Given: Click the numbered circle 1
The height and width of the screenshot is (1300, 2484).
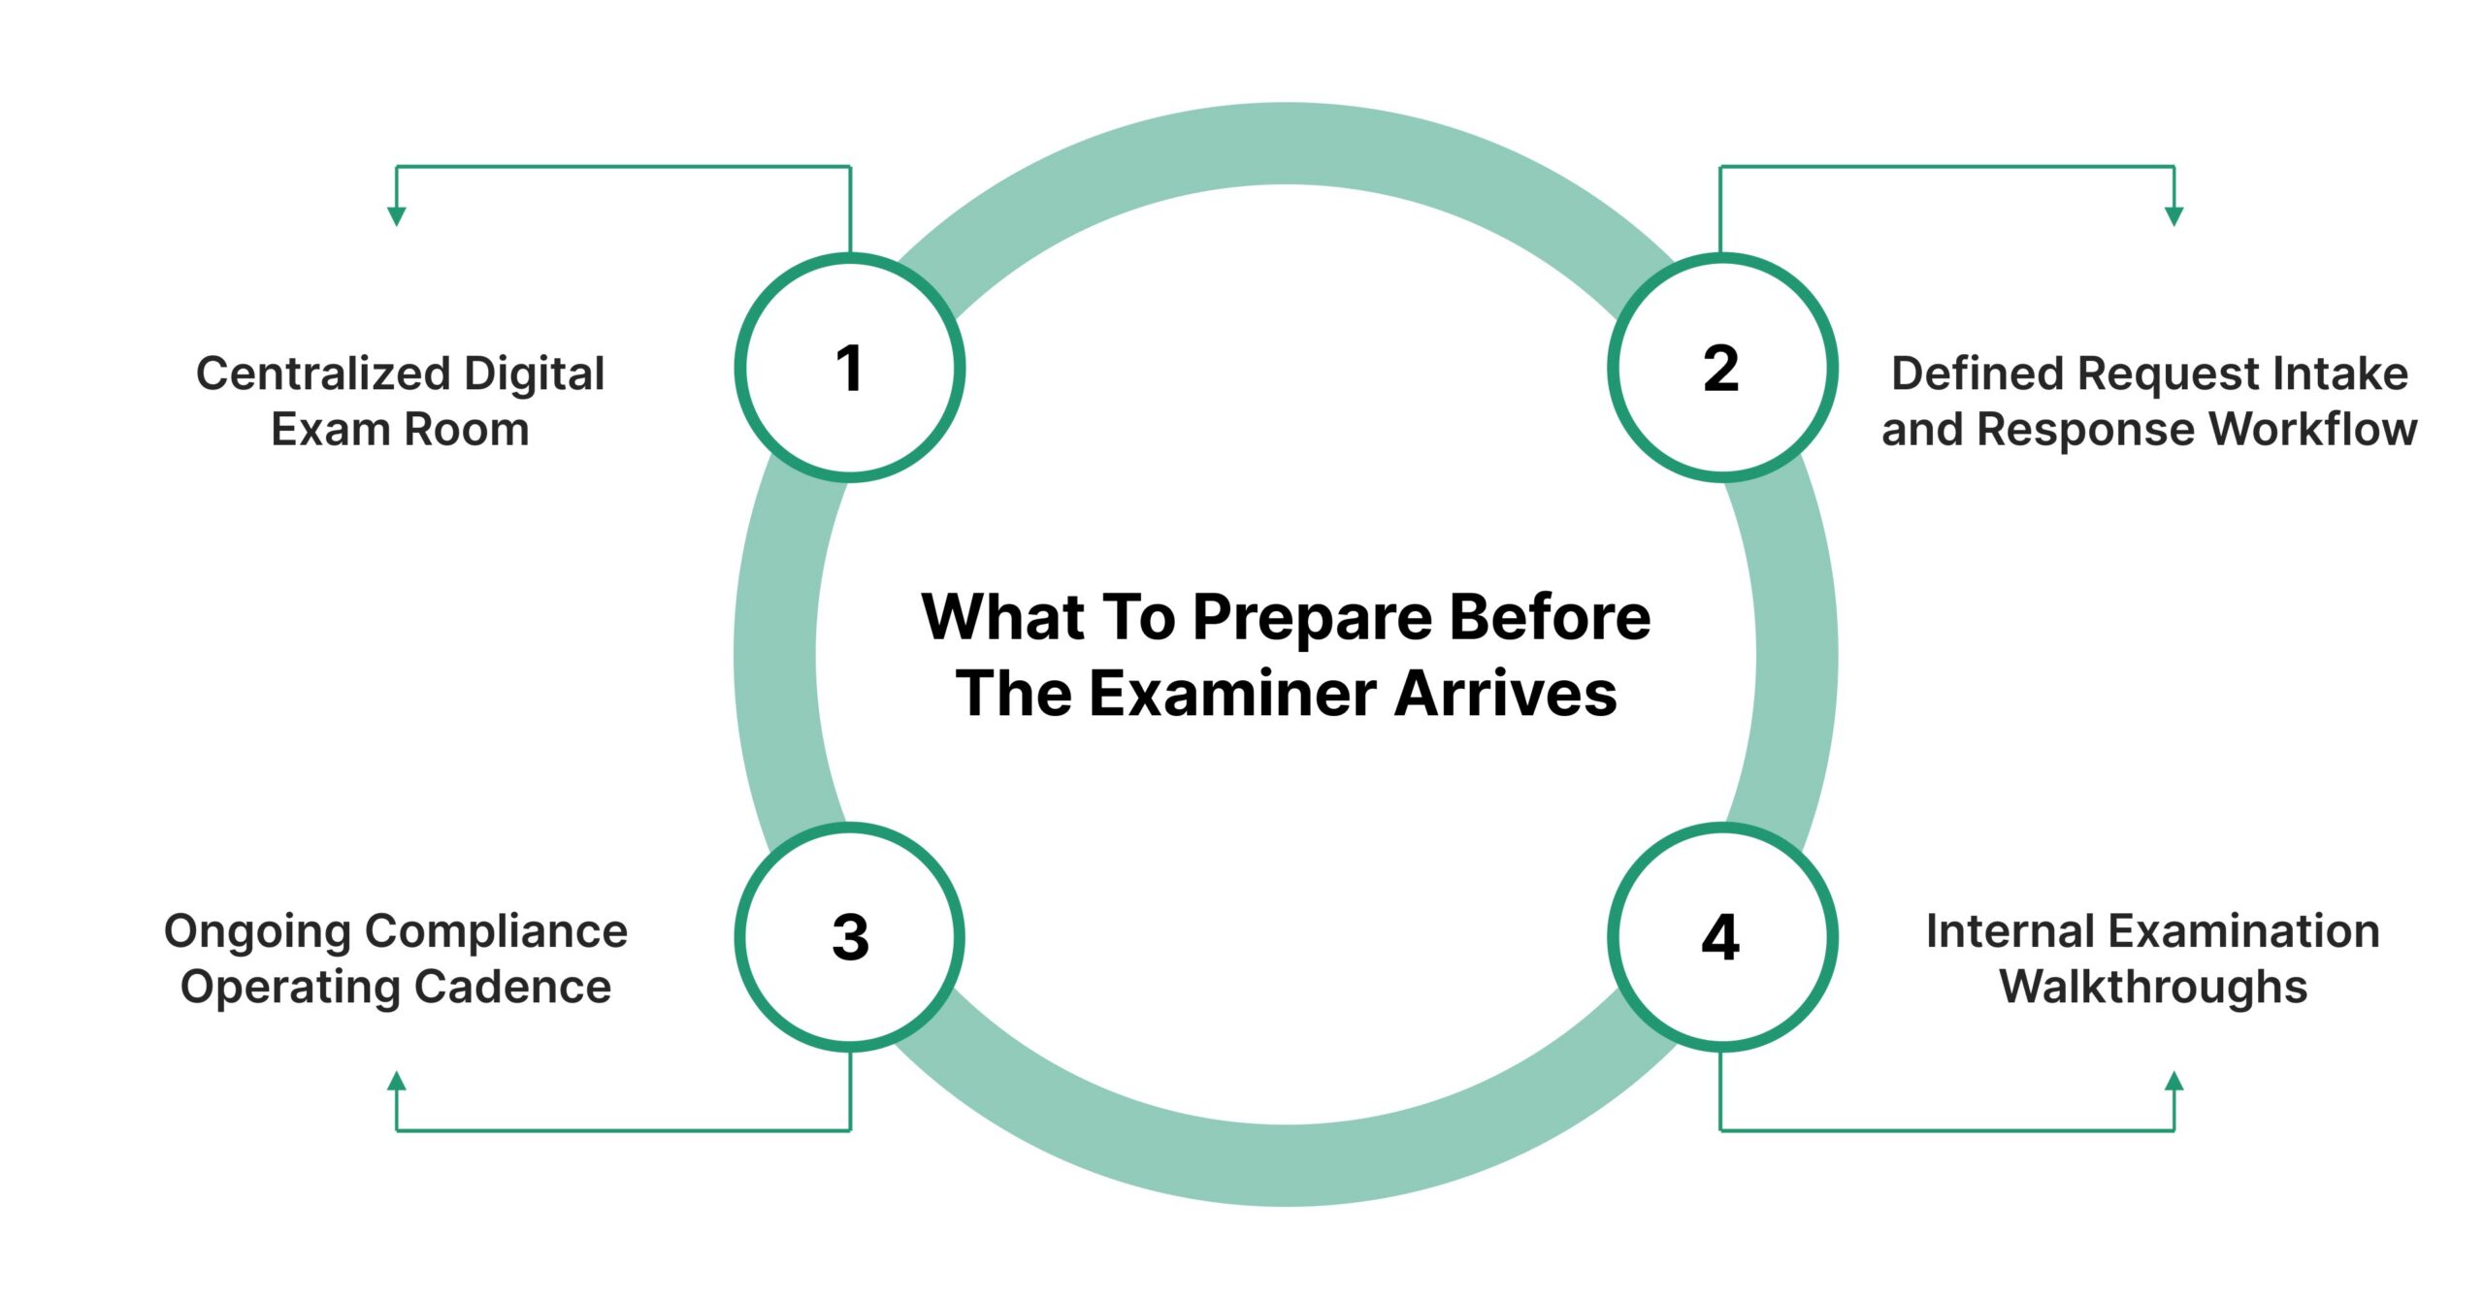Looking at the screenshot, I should [849, 368].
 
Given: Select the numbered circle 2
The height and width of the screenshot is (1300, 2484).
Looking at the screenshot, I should [1721, 368].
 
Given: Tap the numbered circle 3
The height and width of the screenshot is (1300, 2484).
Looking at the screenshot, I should [849, 937].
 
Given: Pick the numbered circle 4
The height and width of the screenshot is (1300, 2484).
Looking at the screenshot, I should [1721, 937].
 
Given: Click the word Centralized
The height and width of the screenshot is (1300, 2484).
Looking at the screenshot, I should [322, 374].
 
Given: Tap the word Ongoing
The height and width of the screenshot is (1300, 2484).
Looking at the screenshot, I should [244, 932].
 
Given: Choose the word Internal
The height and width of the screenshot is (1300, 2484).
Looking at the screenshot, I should [2001, 931].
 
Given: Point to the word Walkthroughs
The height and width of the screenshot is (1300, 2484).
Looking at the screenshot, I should [2153, 987].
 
